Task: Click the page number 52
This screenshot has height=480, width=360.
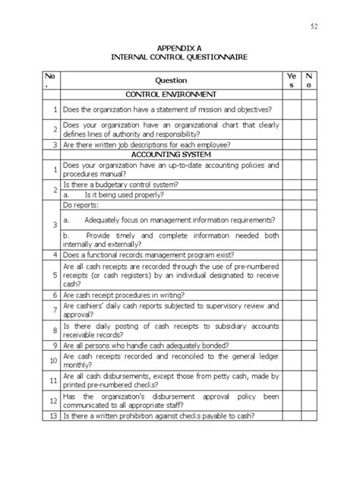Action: click(314, 28)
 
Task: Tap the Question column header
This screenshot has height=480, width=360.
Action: click(171, 80)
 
